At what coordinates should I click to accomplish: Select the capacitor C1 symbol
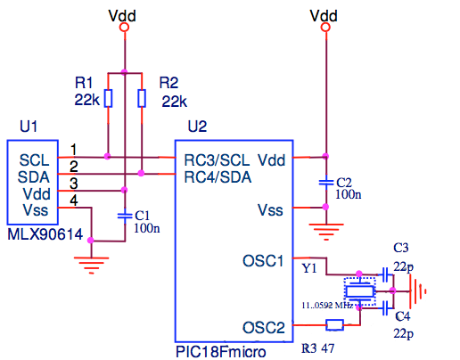(125, 215)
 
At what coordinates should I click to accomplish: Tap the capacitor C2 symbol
(327, 182)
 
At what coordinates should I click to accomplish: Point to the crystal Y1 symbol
(359, 290)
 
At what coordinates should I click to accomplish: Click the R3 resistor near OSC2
(335, 325)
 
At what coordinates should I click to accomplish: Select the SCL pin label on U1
(34, 160)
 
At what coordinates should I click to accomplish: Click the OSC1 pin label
(263, 261)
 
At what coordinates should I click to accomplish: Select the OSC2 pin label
(263, 327)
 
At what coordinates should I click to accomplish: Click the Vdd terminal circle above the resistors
(125, 29)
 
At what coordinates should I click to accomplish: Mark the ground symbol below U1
(86, 261)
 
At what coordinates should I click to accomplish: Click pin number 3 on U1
(74, 183)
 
